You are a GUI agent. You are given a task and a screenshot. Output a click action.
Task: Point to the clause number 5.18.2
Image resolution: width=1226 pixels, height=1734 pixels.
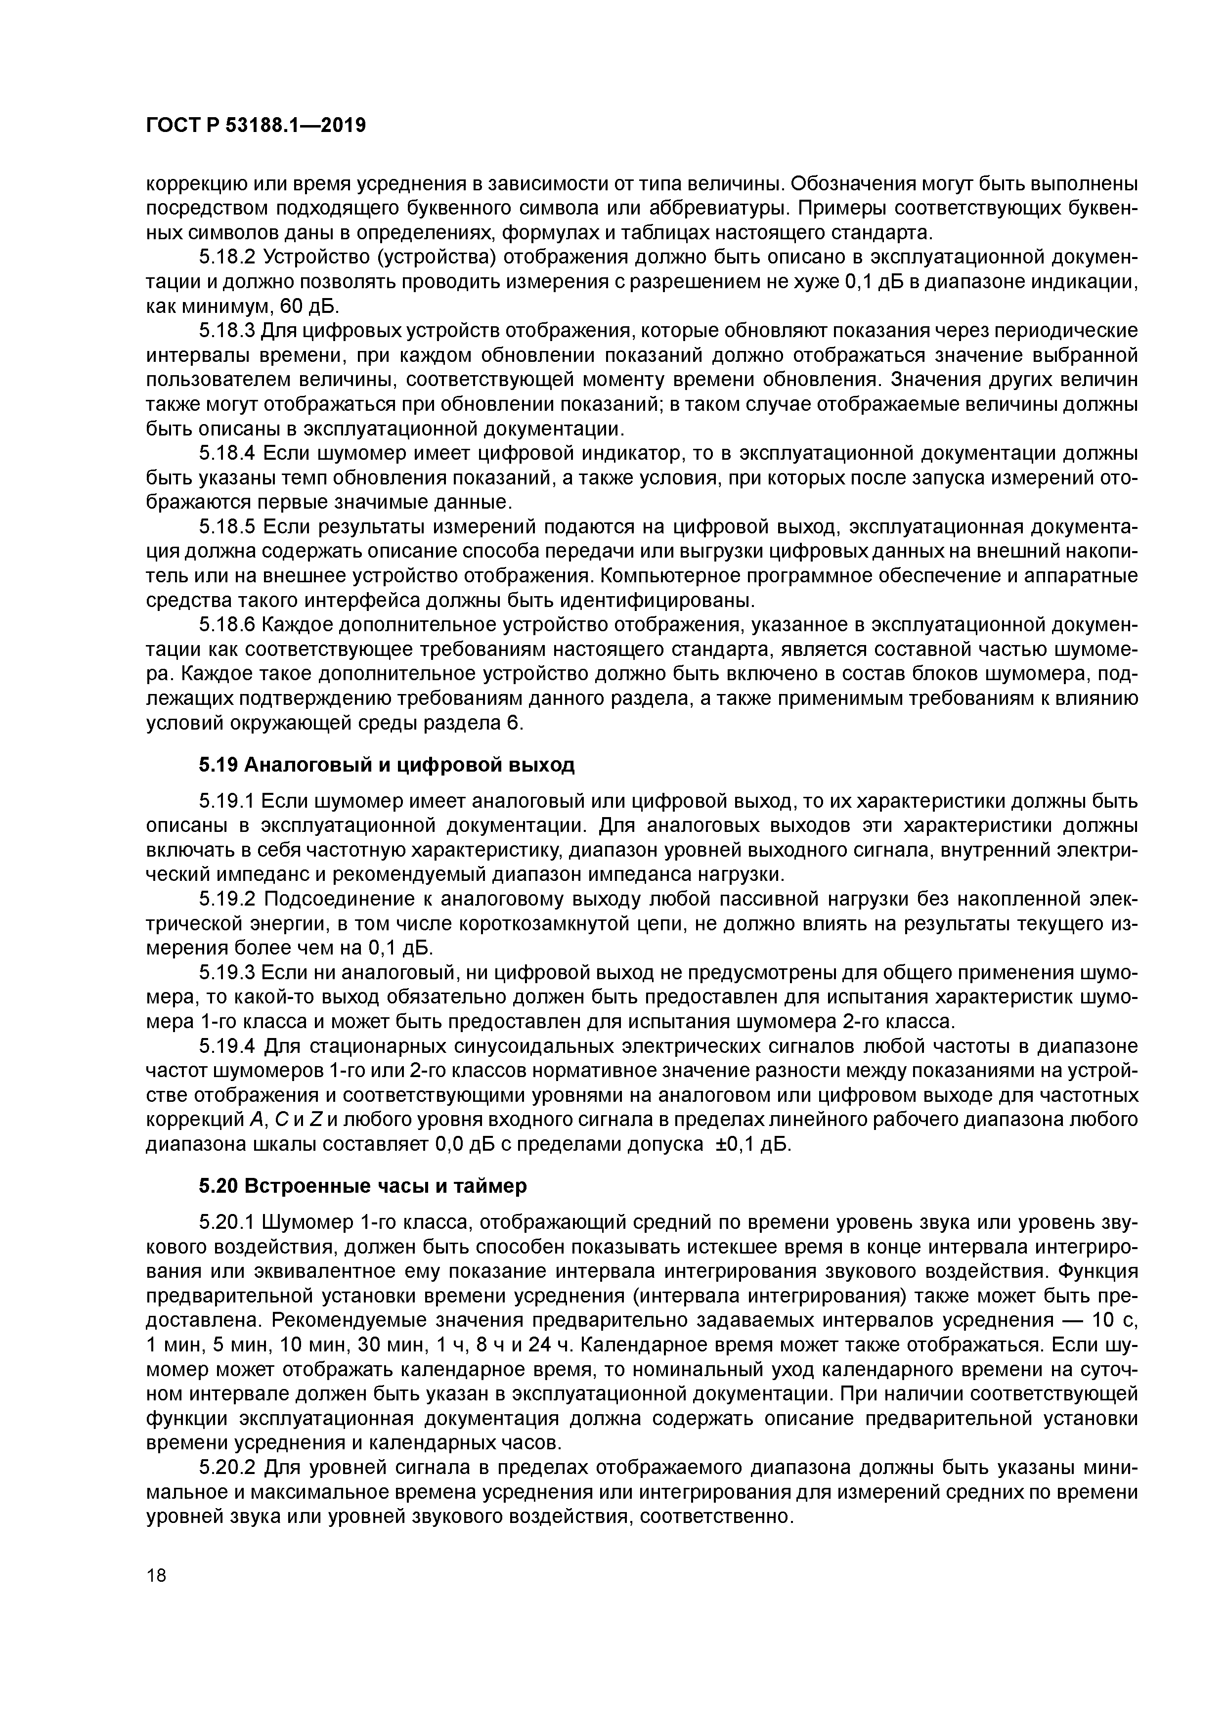click(226, 259)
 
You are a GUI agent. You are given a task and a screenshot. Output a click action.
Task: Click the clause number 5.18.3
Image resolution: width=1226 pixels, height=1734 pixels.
click(226, 331)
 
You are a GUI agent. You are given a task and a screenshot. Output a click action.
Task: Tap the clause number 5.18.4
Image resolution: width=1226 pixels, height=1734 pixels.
click(226, 453)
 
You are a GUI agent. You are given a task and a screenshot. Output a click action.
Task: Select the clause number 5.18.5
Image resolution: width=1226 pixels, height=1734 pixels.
click(226, 526)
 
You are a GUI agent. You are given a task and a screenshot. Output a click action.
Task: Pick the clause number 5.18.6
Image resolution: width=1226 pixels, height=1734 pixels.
click(226, 625)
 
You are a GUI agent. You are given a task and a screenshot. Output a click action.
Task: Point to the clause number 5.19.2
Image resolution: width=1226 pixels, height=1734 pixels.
click(226, 899)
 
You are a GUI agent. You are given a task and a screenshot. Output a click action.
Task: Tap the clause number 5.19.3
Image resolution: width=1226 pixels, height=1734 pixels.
click(226, 973)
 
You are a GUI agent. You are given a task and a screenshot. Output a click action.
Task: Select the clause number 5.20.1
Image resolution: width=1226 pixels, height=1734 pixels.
click(226, 1222)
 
